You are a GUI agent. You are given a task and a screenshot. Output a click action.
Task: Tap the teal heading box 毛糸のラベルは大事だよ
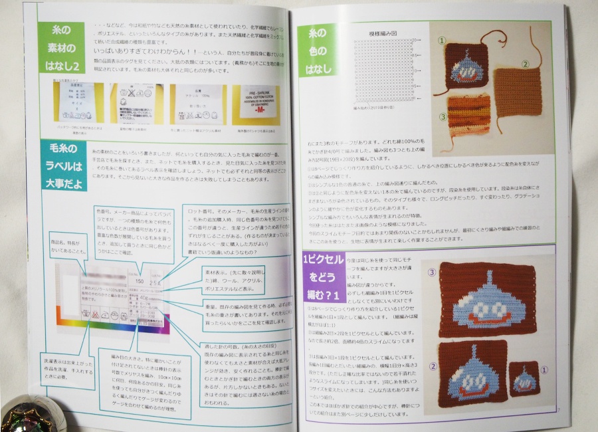60,165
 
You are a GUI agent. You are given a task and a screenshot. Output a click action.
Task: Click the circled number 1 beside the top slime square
440,41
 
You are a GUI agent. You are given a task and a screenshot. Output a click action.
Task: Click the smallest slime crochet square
524,380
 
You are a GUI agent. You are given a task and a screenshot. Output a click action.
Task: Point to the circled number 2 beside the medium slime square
433,366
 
